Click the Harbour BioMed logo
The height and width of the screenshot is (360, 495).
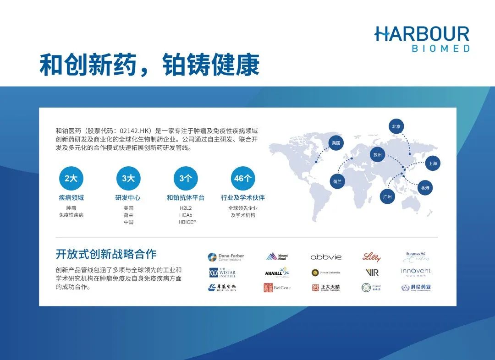[422, 38]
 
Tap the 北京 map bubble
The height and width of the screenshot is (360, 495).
[397, 126]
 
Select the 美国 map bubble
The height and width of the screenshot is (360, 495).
[336, 142]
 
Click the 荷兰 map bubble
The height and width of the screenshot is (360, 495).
[337, 181]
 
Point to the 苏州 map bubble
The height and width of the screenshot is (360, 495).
[377, 155]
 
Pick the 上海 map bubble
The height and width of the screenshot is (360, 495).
[433, 163]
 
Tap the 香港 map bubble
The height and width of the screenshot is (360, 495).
[425, 188]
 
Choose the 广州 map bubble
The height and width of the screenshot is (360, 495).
[388, 197]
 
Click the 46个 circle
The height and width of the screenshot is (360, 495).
[243, 179]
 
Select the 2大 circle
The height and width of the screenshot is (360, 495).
[71, 179]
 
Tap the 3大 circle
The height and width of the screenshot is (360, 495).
[128, 179]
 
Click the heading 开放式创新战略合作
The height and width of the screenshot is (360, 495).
[106, 254]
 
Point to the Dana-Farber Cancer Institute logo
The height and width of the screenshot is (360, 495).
[226, 257]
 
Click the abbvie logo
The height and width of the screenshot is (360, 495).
[326, 257]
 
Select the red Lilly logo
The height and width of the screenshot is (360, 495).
[371, 257]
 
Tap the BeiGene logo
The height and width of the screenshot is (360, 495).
[277, 288]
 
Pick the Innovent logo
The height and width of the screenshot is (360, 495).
[416, 272]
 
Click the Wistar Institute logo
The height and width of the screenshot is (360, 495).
[222, 273]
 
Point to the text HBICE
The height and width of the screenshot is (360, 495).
[187, 222]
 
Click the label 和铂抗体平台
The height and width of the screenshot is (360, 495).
[186, 198]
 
